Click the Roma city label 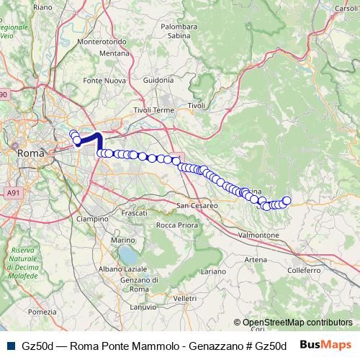click(x=30, y=153)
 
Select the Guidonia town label click(x=158, y=80)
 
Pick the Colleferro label click(x=303, y=270)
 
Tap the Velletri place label click(x=185, y=297)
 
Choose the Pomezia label click(x=42, y=312)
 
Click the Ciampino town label click(x=92, y=217)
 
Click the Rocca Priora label click(x=176, y=225)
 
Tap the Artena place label click(x=255, y=259)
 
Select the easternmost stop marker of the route click(x=287, y=201)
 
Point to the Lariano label click(x=212, y=271)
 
